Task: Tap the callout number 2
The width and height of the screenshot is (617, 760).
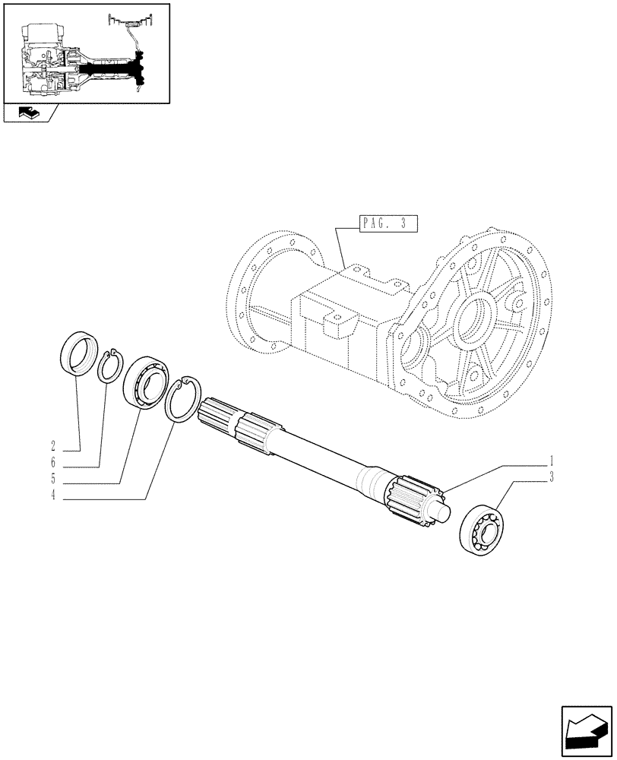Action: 54,445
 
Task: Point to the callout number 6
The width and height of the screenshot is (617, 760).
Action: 54,463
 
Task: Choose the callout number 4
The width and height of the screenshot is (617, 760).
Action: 54,499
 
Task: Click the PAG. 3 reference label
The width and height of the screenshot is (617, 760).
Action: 385,223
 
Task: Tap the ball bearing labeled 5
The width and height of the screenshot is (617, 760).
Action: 146,379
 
